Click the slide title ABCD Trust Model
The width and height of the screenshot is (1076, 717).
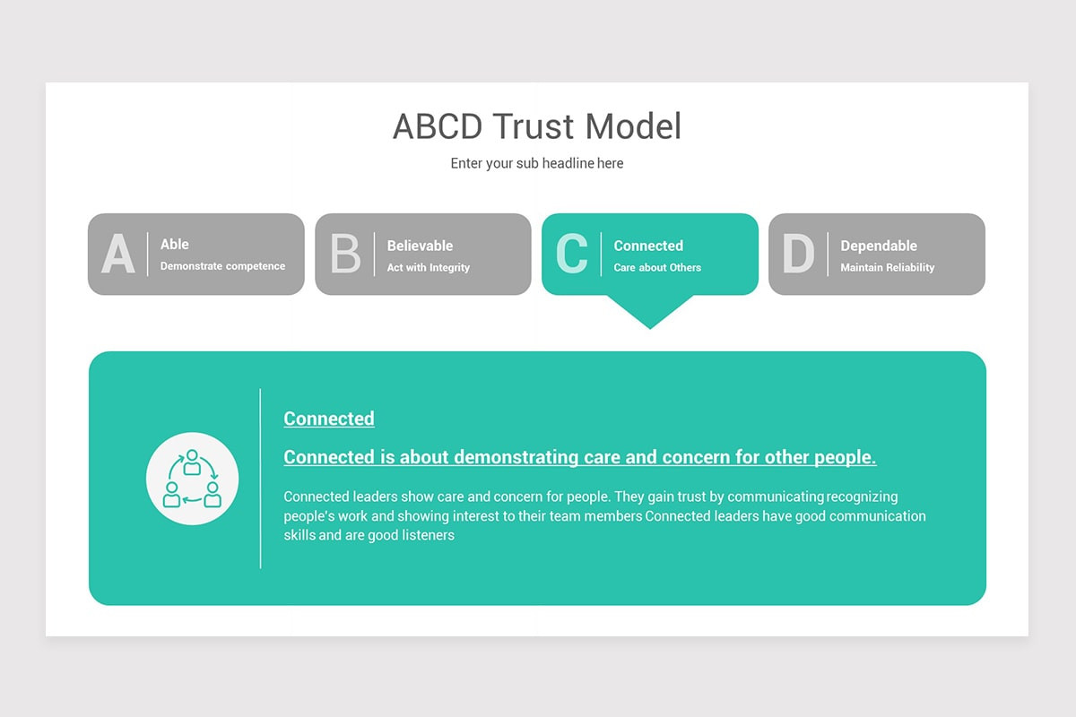pyautogui.click(x=537, y=126)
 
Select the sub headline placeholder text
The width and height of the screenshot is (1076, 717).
pyautogui.click(x=537, y=163)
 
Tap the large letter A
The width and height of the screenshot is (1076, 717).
pyautogui.click(x=118, y=255)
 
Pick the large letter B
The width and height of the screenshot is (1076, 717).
pyautogui.click(x=345, y=255)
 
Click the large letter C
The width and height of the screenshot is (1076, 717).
pyautogui.click(x=572, y=255)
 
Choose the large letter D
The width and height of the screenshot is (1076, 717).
pyautogui.click(x=798, y=255)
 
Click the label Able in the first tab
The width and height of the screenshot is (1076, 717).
pyautogui.click(x=175, y=244)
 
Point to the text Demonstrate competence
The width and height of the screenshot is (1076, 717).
pyautogui.click(x=222, y=266)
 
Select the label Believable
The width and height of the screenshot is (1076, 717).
pyautogui.click(x=420, y=246)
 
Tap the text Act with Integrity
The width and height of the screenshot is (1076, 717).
pyautogui.click(x=429, y=267)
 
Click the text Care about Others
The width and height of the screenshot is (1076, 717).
pyautogui.click(x=657, y=267)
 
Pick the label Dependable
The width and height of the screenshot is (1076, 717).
pyautogui.click(x=879, y=246)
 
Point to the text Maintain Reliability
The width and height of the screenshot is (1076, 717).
pyautogui.click(x=888, y=267)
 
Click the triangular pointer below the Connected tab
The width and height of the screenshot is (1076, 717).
pyautogui.click(x=650, y=310)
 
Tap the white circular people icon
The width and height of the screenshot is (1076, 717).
pyautogui.click(x=192, y=479)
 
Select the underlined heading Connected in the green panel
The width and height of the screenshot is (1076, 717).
pyautogui.click(x=329, y=419)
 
